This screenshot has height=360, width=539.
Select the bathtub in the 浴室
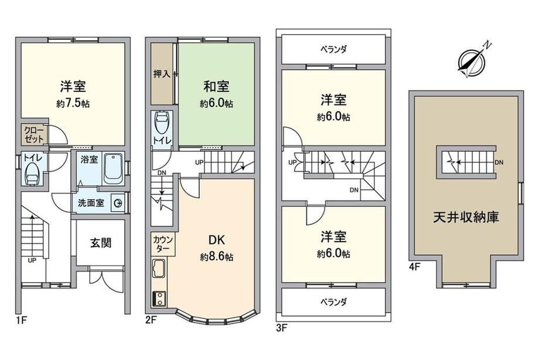click(x=113, y=169)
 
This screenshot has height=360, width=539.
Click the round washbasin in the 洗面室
click(x=118, y=204)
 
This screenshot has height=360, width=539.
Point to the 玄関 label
click(x=101, y=243)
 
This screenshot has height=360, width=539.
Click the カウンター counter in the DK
click(x=163, y=244)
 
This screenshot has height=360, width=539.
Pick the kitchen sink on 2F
click(x=159, y=269)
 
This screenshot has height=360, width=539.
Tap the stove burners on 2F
click(x=159, y=298)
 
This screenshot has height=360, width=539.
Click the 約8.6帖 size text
click(x=217, y=257)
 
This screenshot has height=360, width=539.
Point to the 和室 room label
click(x=216, y=86)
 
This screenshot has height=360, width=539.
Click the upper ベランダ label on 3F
click(x=334, y=50)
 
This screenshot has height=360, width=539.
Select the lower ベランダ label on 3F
click(x=334, y=302)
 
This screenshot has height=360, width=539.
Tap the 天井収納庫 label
click(x=466, y=217)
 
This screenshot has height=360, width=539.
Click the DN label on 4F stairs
click(x=499, y=162)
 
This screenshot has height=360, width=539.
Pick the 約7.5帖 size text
click(x=73, y=104)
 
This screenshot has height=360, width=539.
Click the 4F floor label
click(x=415, y=266)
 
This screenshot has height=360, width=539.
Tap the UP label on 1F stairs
click(x=32, y=260)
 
